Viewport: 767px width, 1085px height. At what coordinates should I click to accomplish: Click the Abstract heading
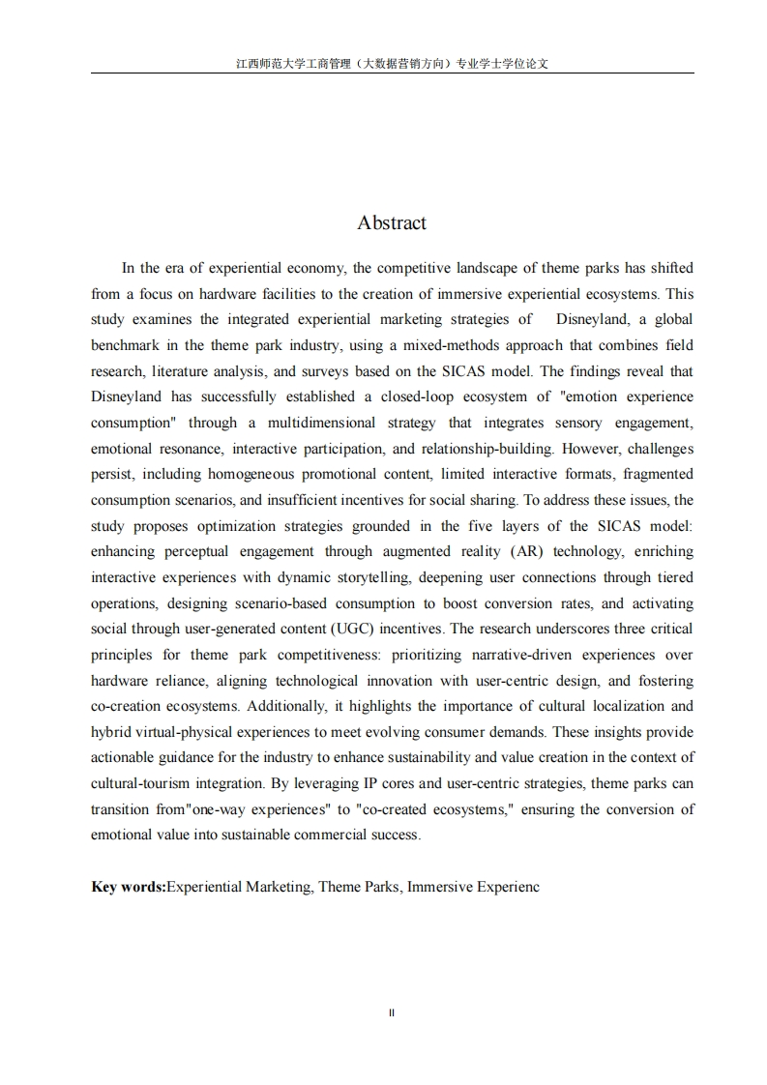click(x=392, y=223)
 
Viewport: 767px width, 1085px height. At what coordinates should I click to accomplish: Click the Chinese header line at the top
click(x=393, y=64)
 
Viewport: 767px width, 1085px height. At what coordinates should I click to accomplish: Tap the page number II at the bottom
click(x=392, y=1012)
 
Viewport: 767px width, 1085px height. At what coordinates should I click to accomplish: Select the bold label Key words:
click(x=129, y=886)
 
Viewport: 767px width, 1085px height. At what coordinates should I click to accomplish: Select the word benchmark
click(x=127, y=345)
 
